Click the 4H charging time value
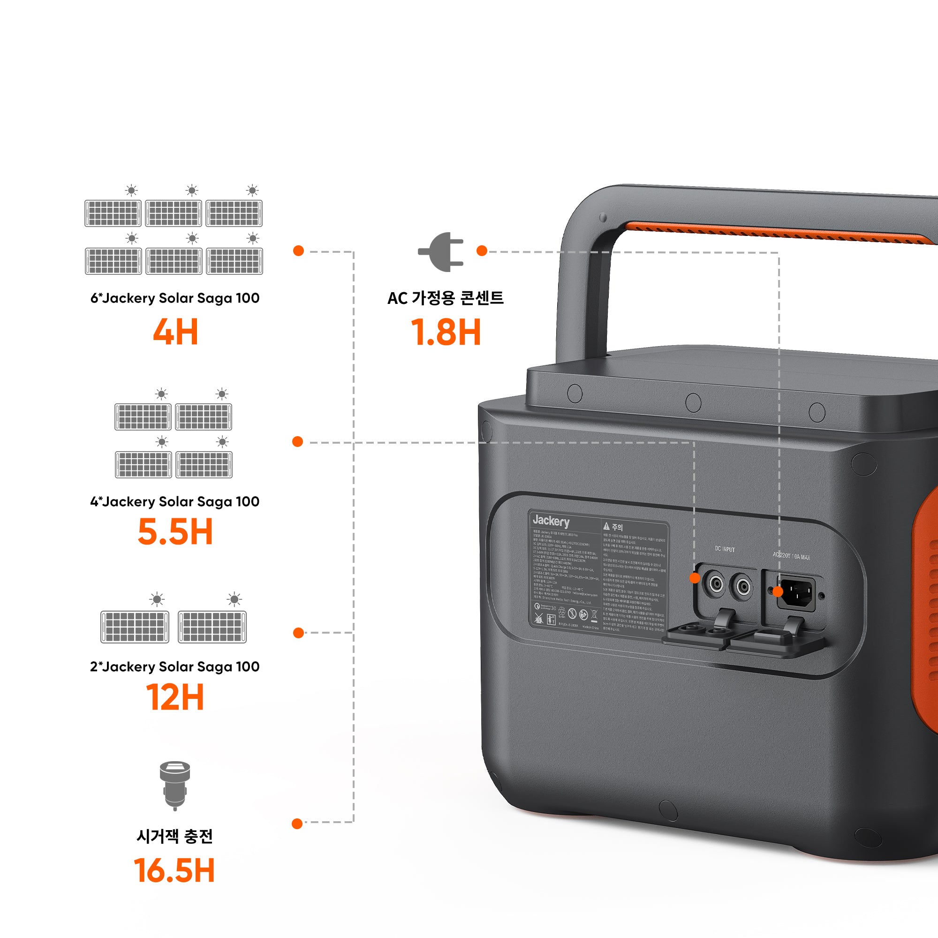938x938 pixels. click(175, 332)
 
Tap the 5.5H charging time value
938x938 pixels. click(175, 532)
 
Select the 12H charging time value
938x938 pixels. click(175, 697)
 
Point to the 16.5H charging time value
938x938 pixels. click(174, 870)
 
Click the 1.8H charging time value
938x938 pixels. click(446, 332)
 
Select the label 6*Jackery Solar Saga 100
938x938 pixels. click(175, 298)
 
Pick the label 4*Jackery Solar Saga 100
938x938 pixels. click(175, 501)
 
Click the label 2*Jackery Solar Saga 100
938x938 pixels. click(175, 666)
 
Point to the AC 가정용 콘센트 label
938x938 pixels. click(445, 298)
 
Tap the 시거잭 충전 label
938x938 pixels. click(175, 836)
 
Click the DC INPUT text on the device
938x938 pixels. click(725, 549)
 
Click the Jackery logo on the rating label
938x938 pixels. click(551, 521)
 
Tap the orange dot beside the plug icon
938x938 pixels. click(482, 250)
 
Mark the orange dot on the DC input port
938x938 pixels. click(695, 578)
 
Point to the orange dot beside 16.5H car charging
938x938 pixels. click(298, 824)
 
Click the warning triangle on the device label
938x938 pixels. click(606, 526)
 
